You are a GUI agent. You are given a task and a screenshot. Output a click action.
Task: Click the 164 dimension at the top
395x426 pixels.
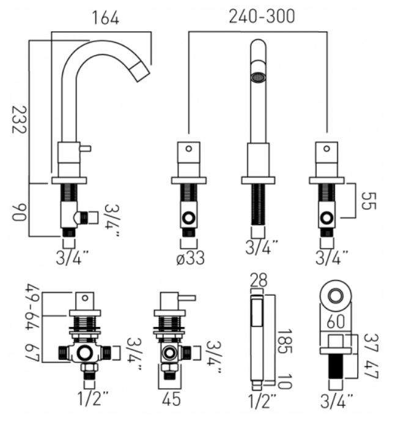click(106, 18)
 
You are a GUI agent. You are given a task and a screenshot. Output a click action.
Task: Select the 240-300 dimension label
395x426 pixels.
click(262, 17)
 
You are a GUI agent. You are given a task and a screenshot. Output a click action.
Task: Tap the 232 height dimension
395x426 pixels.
click(20, 119)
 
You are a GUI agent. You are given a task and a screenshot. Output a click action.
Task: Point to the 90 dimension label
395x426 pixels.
click(20, 212)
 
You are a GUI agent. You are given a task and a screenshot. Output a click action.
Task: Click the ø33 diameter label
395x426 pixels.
click(190, 258)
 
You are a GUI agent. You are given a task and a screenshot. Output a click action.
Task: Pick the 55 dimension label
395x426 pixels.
click(369, 201)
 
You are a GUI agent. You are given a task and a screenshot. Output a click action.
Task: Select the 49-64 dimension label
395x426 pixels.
click(32, 307)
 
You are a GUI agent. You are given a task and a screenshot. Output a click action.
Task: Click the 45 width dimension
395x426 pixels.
click(171, 399)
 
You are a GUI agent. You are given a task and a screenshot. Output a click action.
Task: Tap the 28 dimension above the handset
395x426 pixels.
click(259, 280)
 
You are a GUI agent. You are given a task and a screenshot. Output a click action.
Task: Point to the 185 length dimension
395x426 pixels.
click(285, 341)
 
